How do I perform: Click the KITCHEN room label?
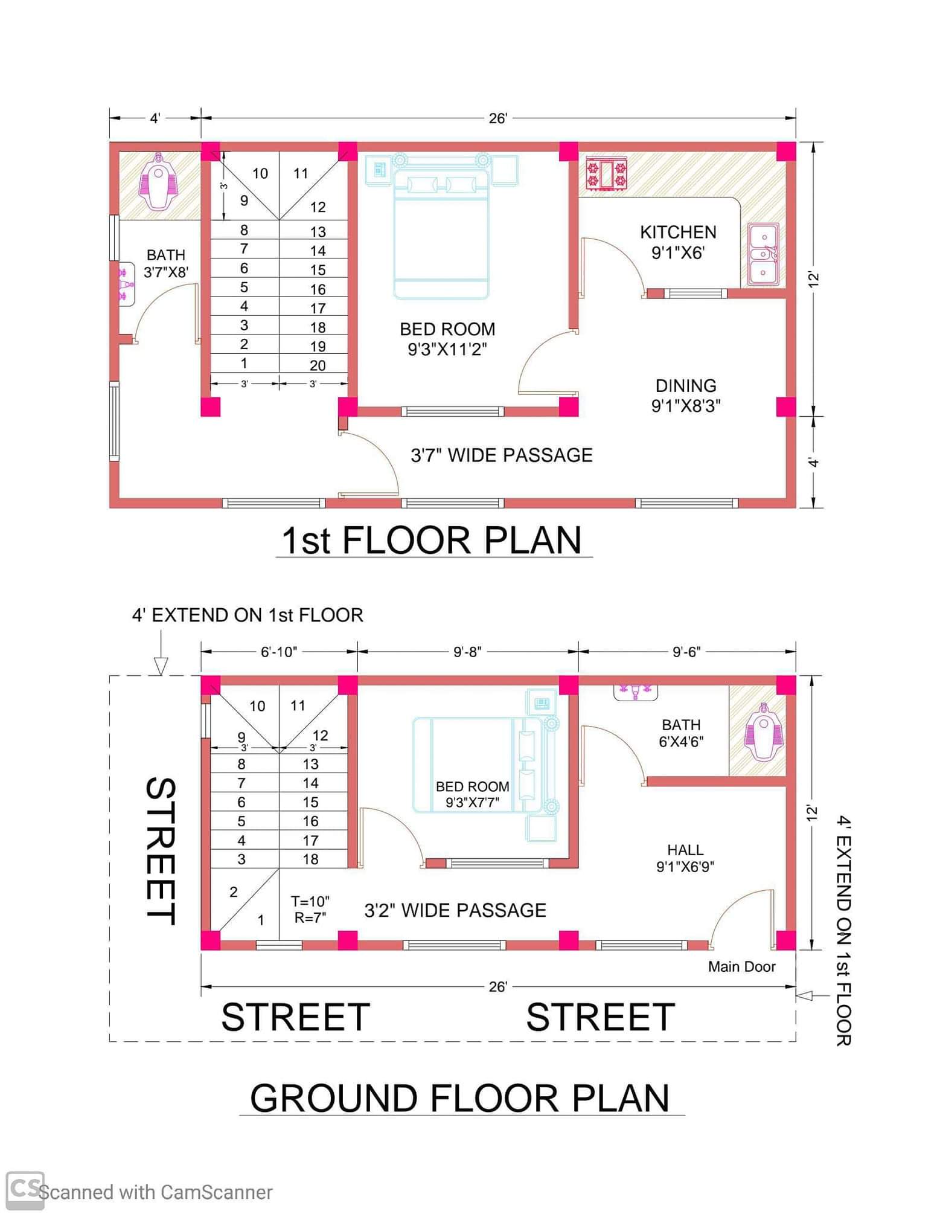(x=678, y=232)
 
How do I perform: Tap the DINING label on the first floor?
(x=686, y=385)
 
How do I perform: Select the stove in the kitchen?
(x=607, y=174)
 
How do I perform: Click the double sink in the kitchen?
(x=763, y=254)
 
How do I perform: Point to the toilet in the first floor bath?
(x=159, y=181)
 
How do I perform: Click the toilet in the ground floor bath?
(x=764, y=731)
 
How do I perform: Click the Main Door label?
(x=741, y=966)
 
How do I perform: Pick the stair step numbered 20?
(x=318, y=365)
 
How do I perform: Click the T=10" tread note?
(x=310, y=902)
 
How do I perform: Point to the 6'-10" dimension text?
(x=279, y=652)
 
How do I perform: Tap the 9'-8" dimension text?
(x=467, y=652)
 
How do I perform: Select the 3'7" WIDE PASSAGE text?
(x=502, y=455)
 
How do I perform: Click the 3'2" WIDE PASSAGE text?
(x=455, y=910)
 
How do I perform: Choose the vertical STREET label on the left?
(x=161, y=852)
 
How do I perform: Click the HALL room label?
(x=685, y=850)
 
